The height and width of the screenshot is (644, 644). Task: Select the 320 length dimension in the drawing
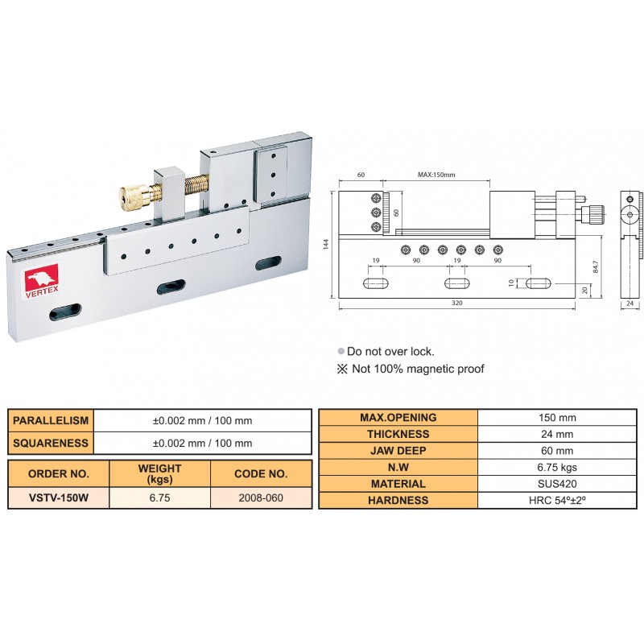click(456, 303)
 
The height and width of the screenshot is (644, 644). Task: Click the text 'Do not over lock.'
click(390, 352)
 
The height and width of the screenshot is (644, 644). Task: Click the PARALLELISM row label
click(51, 420)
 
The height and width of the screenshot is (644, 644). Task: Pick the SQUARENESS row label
click(51, 443)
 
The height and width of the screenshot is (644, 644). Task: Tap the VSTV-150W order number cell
click(58, 497)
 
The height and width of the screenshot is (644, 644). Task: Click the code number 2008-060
click(261, 497)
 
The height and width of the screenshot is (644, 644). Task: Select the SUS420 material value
click(556, 484)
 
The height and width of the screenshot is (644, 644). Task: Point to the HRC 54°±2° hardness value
click(556, 500)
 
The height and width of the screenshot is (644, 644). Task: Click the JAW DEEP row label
click(398, 451)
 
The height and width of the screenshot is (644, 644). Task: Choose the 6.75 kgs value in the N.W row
click(556, 467)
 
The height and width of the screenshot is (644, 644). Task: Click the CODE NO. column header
click(261, 474)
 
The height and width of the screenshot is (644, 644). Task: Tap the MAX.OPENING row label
click(398, 417)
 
